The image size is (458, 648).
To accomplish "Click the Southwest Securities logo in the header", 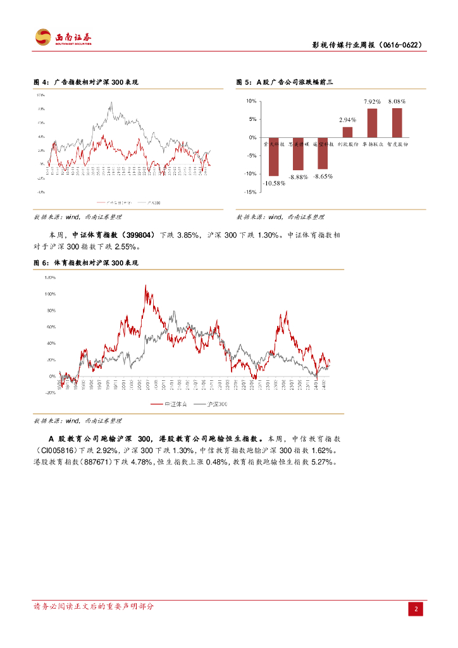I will (63, 37).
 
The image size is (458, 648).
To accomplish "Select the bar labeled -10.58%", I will (274, 156).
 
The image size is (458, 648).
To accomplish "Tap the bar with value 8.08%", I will (397, 123).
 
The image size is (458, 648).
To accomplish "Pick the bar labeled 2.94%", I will (347, 132).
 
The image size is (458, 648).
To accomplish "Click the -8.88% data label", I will (298, 177).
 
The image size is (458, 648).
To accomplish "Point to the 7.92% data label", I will (372, 101).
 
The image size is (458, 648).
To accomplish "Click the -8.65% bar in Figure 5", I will (323, 153).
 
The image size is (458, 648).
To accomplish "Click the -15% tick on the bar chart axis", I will (251, 192).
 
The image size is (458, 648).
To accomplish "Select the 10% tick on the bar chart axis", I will (251, 101).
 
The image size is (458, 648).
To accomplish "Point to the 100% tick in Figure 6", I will (49, 294).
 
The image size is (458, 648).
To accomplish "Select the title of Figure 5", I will (284, 82).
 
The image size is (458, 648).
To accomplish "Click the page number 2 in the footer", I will (416, 609).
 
